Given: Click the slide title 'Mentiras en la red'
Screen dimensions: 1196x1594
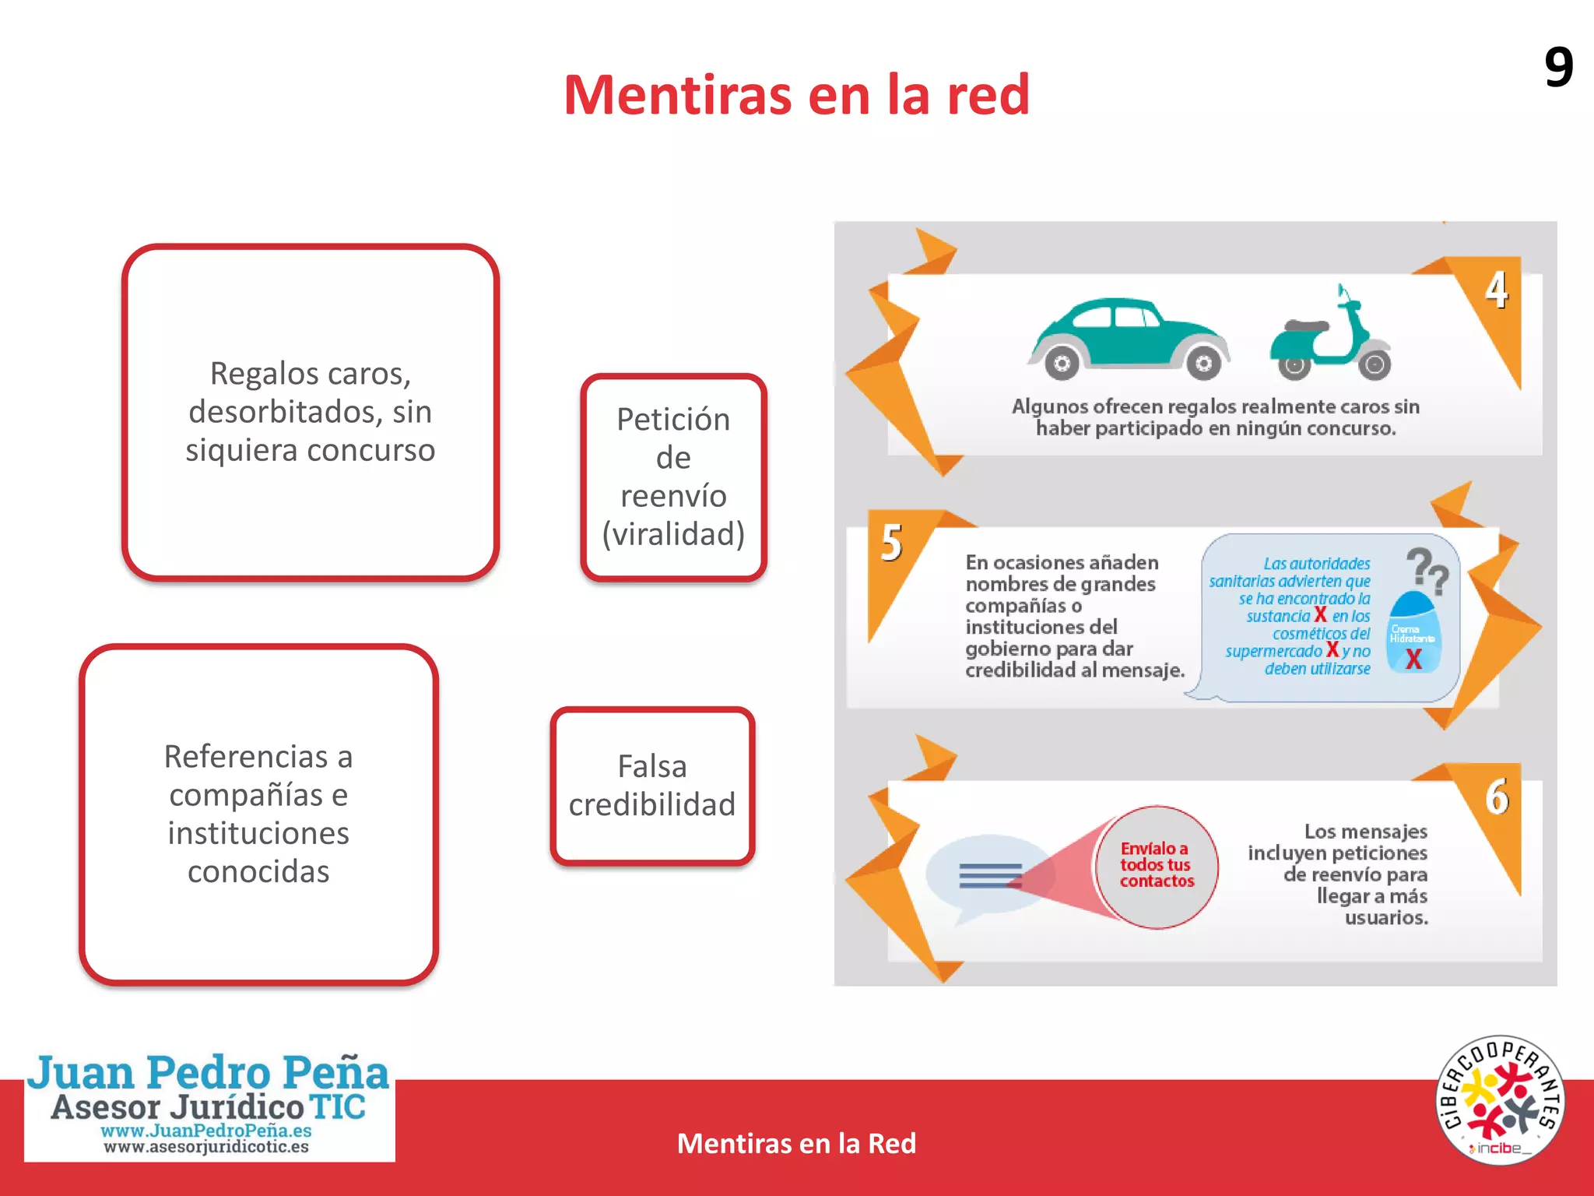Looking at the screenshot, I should pyautogui.click(x=796, y=95).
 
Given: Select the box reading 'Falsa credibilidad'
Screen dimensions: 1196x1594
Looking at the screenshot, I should pyautogui.click(x=652, y=786).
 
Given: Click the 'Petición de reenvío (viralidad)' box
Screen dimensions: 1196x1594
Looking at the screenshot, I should pyautogui.click(x=673, y=477).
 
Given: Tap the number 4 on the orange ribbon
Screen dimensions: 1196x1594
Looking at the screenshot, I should pyautogui.click(x=1496, y=290).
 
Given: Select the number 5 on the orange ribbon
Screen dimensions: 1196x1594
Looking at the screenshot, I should pyautogui.click(x=892, y=543).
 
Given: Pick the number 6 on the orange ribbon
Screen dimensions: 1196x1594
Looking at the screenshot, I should pyautogui.click(x=1497, y=797).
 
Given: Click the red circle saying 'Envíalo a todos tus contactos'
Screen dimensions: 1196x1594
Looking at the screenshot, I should pyautogui.click(x=1157, y=866).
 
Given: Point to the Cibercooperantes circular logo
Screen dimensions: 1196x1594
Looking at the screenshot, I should pyautogui.click(x=1500, y=1100).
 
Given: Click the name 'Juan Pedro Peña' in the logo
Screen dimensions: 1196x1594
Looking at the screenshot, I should pyautogui.click(x=209, y=1073).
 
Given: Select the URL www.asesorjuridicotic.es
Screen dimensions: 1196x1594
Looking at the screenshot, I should pyautogui.click(x=206, y=1147).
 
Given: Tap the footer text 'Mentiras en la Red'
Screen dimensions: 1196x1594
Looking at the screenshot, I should pyautogui.click(x=796, y=1143).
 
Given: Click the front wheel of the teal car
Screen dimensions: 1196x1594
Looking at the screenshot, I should pyautogui.click(x=1203, y=363).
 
